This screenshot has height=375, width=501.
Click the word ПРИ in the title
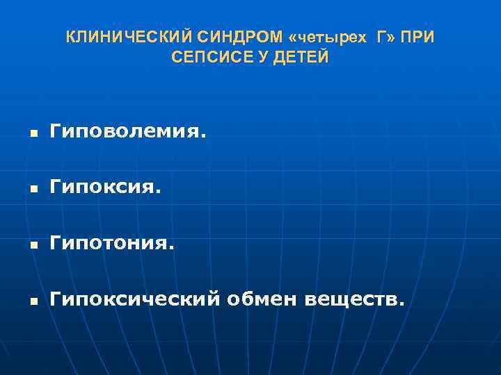(x=418, y=37)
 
